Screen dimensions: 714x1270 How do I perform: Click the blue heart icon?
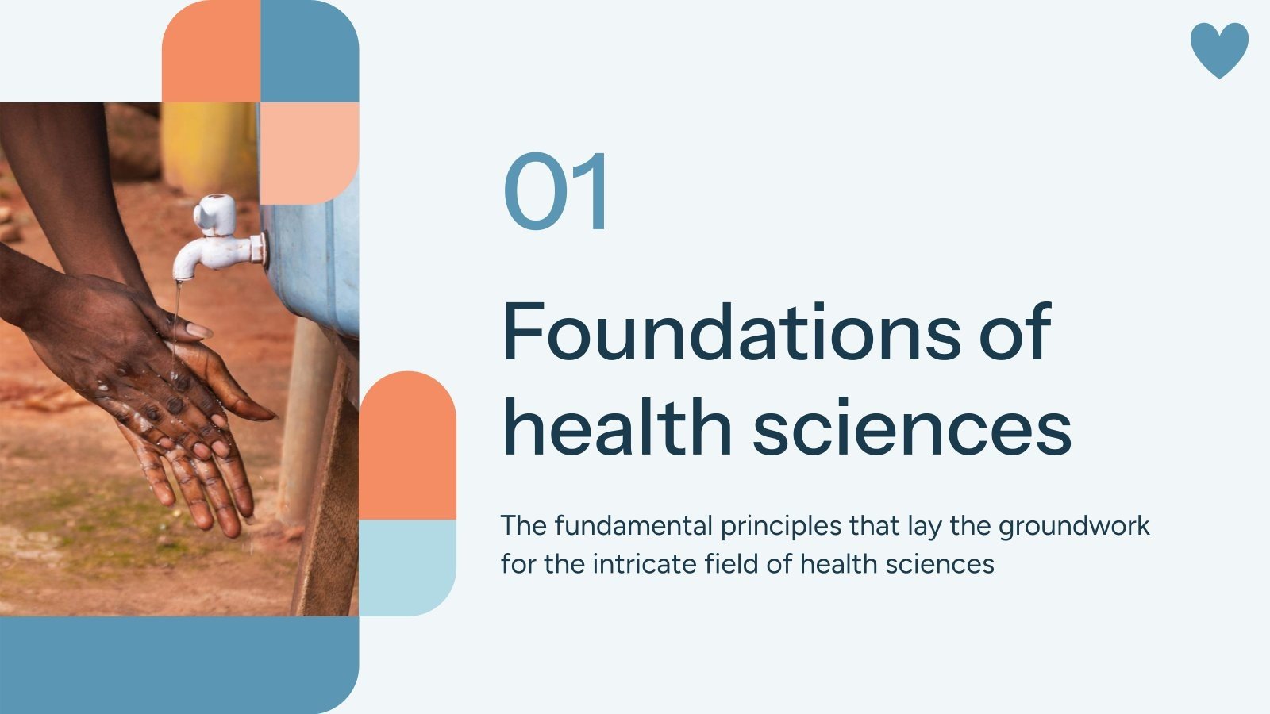[1219, 49]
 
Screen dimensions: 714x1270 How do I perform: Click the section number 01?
[557, 192]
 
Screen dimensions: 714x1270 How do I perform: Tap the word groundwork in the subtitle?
[1074, 527]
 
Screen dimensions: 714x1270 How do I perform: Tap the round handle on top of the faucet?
[214, 211]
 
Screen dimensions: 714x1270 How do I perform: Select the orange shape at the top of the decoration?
[211, 52]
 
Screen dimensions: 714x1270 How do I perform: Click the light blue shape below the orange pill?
[408, 566]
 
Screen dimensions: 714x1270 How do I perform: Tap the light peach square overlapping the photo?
[310, 151]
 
